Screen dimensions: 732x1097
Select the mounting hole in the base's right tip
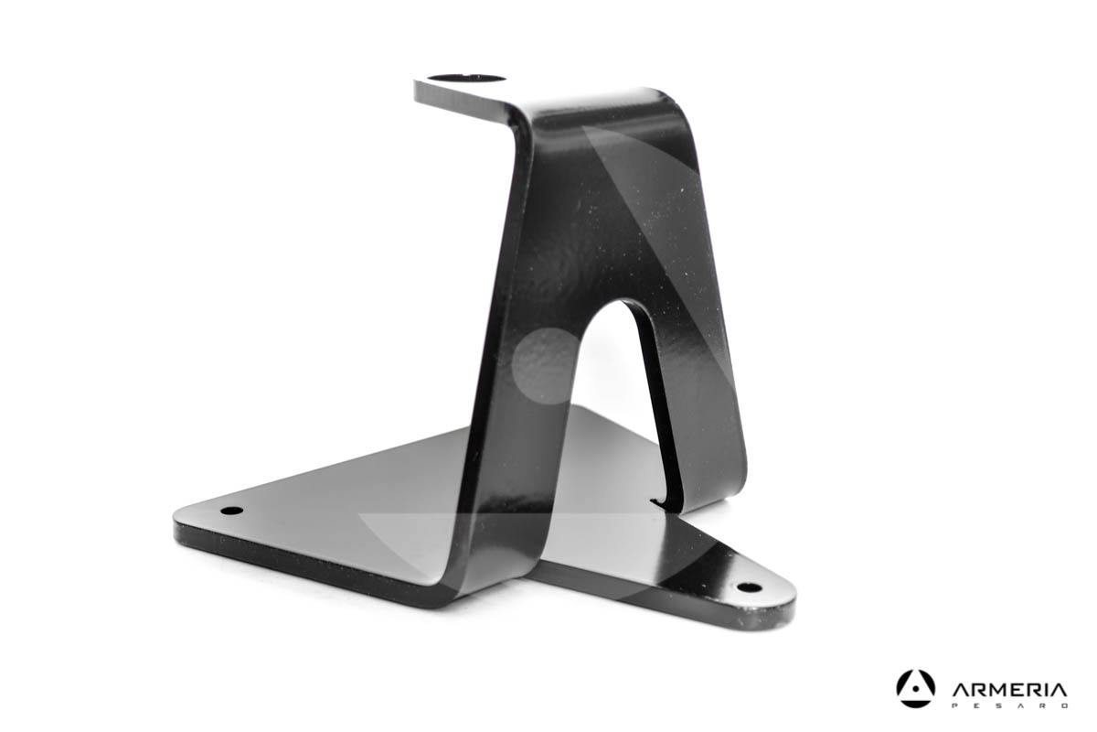point(749,587)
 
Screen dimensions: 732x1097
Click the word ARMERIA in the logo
point(1009,689)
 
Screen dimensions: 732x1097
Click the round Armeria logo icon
point(915,688)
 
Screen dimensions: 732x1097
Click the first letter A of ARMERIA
point(960,689)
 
